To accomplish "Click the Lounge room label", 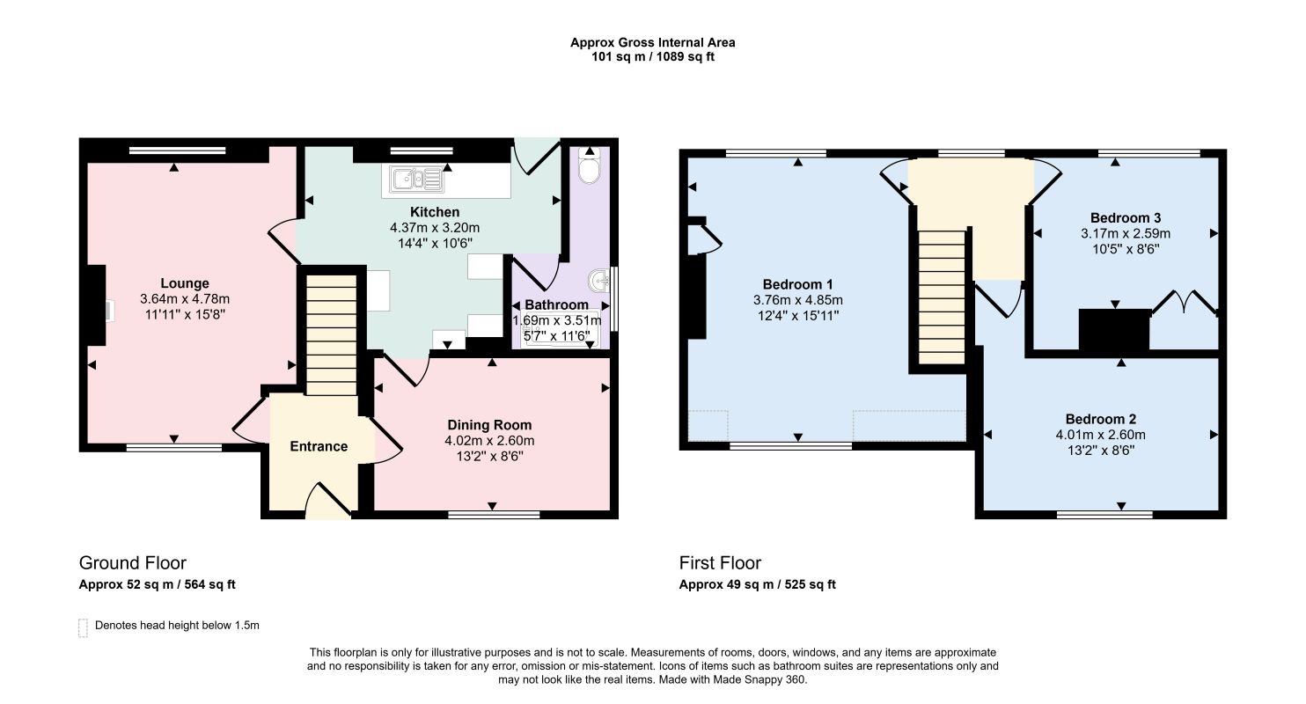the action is pyautogui.click(x=185, y=283).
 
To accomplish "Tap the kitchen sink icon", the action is pyautogui.click(x=417, y=179).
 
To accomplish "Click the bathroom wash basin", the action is pyautogui.click(x=599, y=281).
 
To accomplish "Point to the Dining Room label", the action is pyautogui.click(x=489, y=425).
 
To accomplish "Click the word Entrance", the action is pyautogui.click(x=319, y=446).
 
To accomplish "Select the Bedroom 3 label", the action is pyautogui.click(x=1126, y=218).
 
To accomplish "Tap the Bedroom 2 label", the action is pyautogui.click(x=1101, y=419).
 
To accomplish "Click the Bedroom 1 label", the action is pyautogui.click(x=798, y=284).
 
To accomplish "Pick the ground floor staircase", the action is pyautogui.click(x=331, y=335).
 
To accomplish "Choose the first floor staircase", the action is pyautogui.click(x=943, y=297).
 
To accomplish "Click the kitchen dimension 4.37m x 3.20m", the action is pyautogui.click(x=435, y=228).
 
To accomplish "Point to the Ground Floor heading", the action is pyautogui.click(x=133, y=563).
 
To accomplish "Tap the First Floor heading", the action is pyautogui.click(x=720, y=563).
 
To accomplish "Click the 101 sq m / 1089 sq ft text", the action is pyautogui.click(x=653, y=57).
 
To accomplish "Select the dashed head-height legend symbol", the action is pyautogui.click(x=83, y=627).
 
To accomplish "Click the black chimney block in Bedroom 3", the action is pyautogui.click(x=1114, y=330).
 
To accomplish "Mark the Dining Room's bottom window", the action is pyautogui.click(x=494, y=515).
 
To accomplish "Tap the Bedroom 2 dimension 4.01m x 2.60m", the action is pyautogui.click(x=1101, y=435).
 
